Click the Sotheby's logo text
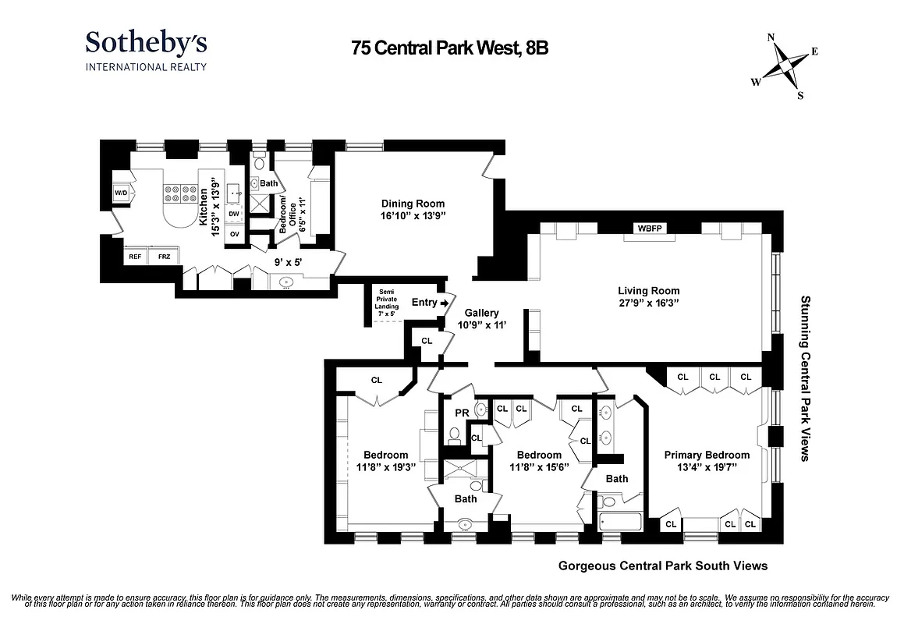pyautogui.click(x=146, y=43)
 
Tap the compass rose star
pyautogui.click(x=785, y=66)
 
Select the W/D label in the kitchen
pyautogui.click(x=121, y=193)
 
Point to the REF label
pyautogui.click(x=135, y=256)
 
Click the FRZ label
pyautogui.click(x=164, y=256)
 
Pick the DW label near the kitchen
pyautogui.click(x=234, y=213)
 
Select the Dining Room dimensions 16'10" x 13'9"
pyautogui.click(x=413, y=215)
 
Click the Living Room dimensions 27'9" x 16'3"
pyautogui.click(x=644, y=303)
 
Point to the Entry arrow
pyautogui.click(x=444, y=303)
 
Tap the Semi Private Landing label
pyautogui.click(x=388, y=299)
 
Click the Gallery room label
pyautogui.click(x=481, y=313)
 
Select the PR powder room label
pyautogui.click(x=460, y=413)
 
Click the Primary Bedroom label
pyautogui.click(x=707, y=455)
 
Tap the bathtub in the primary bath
pyautogui.click(x=619, y=521)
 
